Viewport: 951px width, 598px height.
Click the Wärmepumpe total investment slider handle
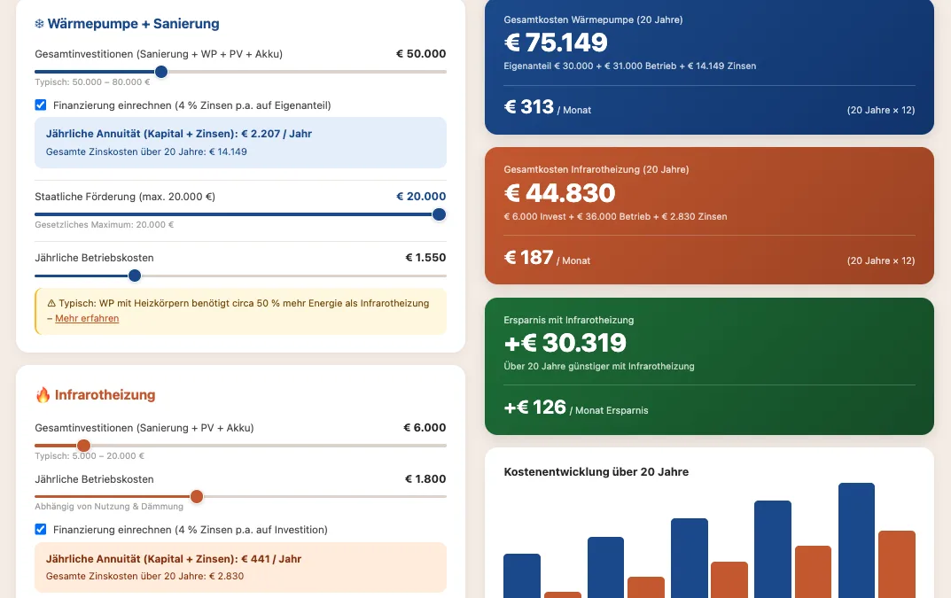coord(160,72)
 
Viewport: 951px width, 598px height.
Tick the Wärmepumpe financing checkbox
coord(41,105)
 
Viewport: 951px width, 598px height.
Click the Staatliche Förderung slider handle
coord(439,214)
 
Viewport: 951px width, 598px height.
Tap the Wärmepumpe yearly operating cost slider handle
coord(135,276)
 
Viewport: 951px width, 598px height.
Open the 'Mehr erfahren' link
coord(87,318)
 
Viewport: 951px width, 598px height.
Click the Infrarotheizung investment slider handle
coord(83,446)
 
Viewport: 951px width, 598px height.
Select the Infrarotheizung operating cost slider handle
coord(197,496)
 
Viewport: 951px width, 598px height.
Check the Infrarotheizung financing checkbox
coord(41,530)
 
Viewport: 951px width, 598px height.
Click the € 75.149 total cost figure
coord(556,43)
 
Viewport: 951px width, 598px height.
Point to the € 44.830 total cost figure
coord(559,192)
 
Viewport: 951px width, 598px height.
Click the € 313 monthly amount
coord(529,107)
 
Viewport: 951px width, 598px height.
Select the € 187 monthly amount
coord(529,258)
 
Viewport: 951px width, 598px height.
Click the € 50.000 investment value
coord(421,54)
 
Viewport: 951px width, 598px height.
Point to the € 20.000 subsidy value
coord(421,197)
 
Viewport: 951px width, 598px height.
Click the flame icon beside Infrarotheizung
coord(43,395)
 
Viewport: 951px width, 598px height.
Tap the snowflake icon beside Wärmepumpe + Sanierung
coord(39,24)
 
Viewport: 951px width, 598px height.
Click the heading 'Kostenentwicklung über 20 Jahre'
coord(596,472)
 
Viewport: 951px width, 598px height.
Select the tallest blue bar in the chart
coord(856,540)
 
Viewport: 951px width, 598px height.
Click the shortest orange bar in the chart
coord(562,594)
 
